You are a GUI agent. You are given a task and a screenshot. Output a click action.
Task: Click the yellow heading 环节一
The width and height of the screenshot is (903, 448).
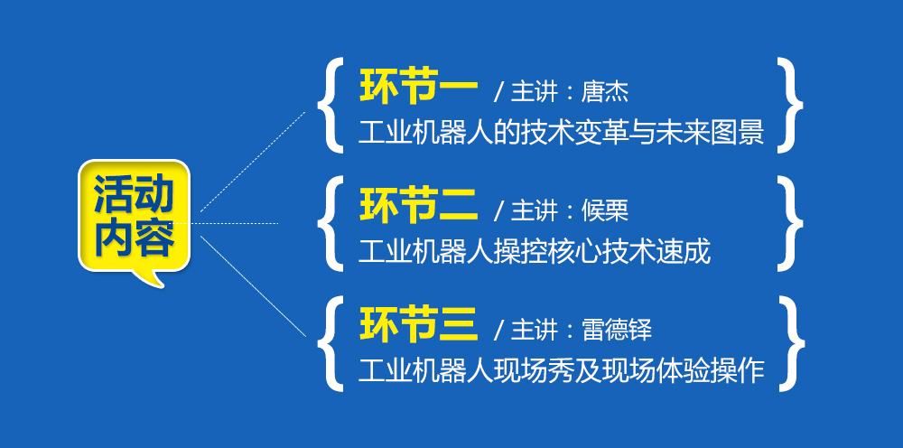[419, 88]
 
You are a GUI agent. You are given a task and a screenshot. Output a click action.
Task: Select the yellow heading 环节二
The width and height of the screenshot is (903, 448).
[419, 206]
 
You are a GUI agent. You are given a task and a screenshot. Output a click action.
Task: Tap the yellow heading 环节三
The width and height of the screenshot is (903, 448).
[419, 325]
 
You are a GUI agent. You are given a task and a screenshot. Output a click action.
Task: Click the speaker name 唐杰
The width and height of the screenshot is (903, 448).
[605, 92]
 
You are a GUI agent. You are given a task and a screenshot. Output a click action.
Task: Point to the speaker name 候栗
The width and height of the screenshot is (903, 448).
[605, 211]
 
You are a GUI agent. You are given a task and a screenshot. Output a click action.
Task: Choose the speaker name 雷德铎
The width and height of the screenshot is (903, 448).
[617, 331]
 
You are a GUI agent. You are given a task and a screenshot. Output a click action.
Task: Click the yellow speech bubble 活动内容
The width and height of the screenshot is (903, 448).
[135, 216]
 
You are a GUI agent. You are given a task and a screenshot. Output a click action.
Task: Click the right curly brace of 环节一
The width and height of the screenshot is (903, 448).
[791, 106]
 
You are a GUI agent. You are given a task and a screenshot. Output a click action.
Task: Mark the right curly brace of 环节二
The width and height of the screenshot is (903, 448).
[791, 223]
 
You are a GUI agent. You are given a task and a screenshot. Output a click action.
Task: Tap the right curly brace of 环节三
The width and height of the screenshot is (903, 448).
[791, 344]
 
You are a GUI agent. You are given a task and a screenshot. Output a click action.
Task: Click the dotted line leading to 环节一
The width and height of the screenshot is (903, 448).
[253, 162]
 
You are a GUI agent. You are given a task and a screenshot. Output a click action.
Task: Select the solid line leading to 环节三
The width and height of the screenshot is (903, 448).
[253, 286]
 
